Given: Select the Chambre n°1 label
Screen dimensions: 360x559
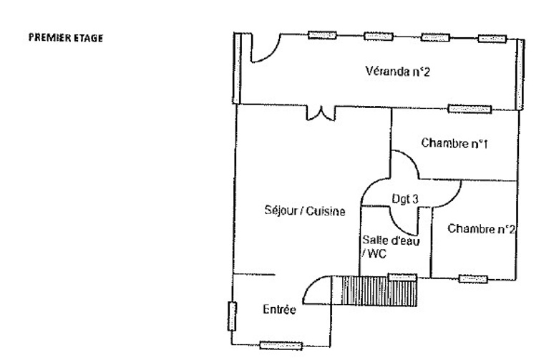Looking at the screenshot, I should click(454, 142).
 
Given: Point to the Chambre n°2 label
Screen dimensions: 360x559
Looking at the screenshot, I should click(482, 229).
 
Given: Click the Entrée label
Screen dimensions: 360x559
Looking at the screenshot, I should click(278, 311).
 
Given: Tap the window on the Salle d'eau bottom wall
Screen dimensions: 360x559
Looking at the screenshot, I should click(402, 277).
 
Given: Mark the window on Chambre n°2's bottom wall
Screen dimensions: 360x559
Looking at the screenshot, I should click(473, 278).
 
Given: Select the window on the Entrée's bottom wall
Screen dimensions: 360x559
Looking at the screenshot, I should click(278, 345).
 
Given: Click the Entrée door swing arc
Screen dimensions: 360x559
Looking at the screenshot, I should click(314, 289).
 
